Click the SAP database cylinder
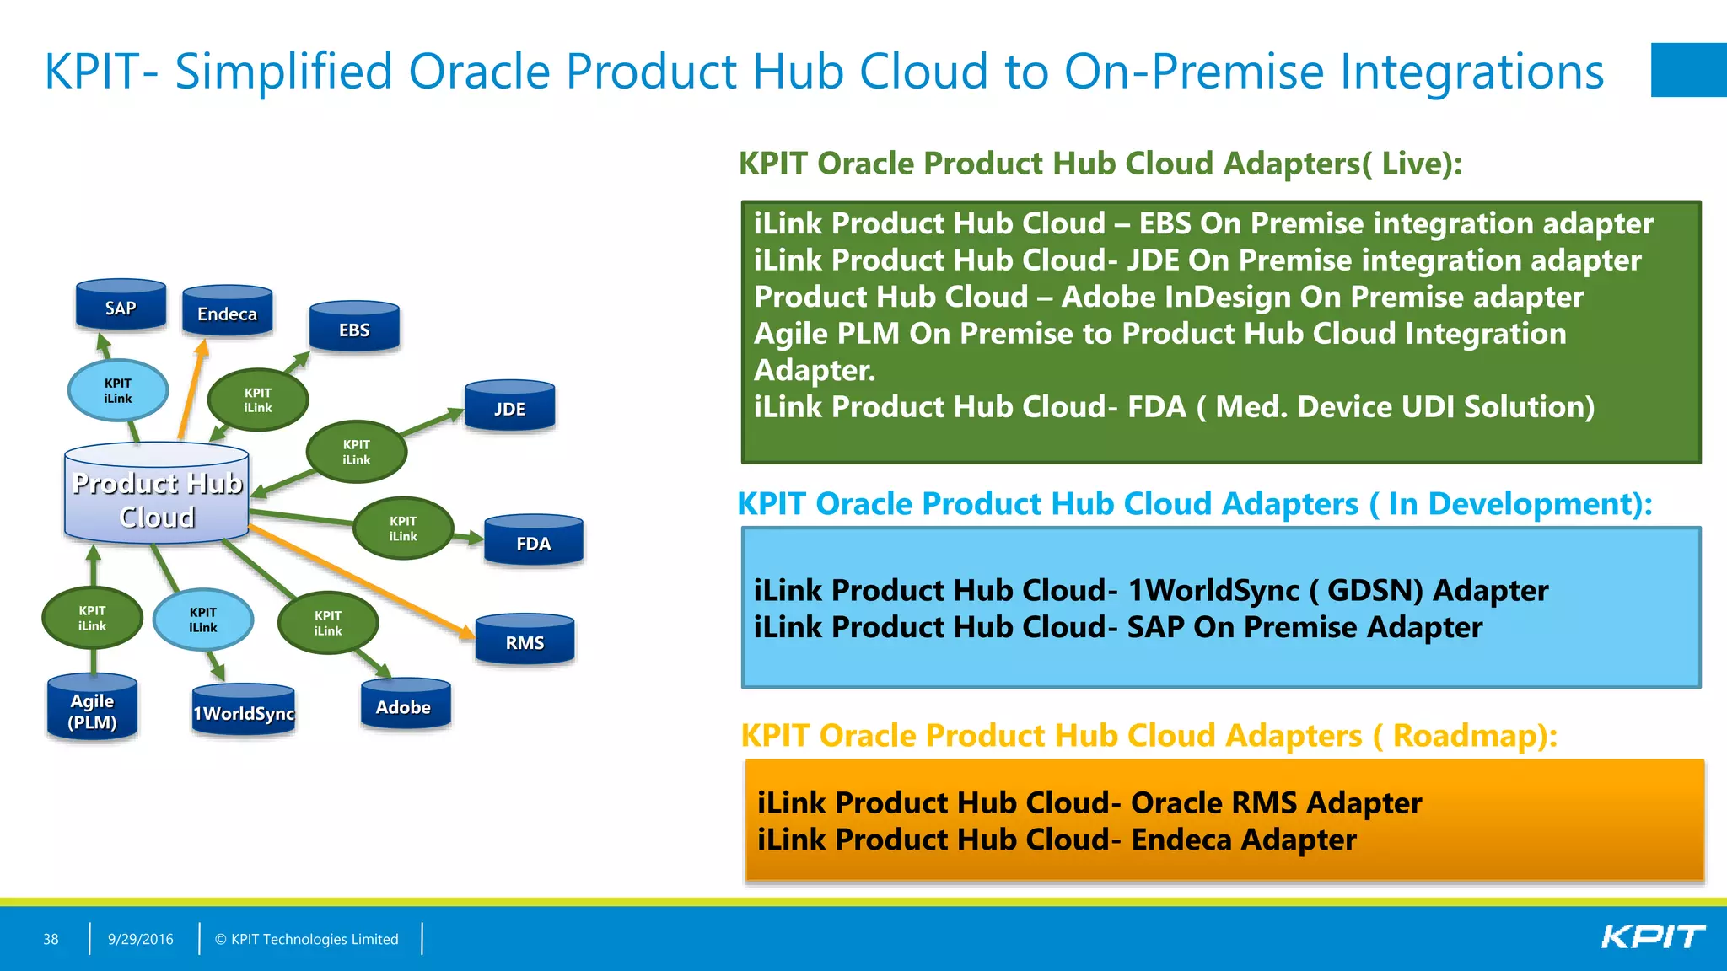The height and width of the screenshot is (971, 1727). [x=121, y=306]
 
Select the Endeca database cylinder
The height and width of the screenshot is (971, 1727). [x=227, y=312]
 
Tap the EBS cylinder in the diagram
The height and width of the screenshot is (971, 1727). [x=354, y=328]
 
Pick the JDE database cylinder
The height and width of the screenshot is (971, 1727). [x=509, y=407]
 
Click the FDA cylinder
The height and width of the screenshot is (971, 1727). [x=533, y=542]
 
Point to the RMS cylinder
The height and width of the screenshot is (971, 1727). [x=525, y=641]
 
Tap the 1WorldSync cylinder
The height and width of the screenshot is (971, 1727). [x=244, y=711]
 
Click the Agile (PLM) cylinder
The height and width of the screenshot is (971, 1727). [x=92, y=710]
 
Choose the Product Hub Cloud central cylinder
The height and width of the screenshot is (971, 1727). [x=157, y=497]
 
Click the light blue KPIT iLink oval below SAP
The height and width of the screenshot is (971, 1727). [x=118, y=390]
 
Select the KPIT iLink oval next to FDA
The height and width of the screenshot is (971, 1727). [x=403, y=528]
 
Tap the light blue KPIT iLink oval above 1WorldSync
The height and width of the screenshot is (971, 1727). [x=203, y=620]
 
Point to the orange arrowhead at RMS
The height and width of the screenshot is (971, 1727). [x=466, y=632]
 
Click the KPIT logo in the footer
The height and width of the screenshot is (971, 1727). [x=1652, y=937]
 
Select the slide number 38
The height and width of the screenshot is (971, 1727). [x=51, y=939]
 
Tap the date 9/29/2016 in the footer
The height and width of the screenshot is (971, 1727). [x=140, y=939]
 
